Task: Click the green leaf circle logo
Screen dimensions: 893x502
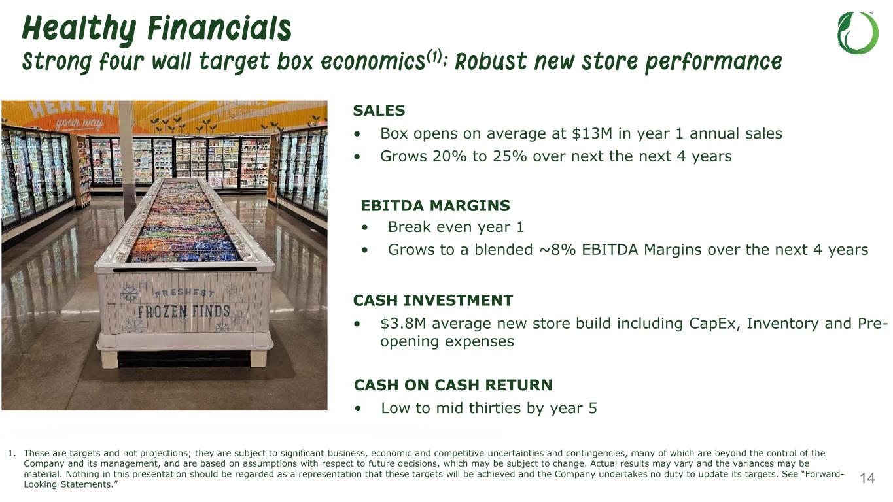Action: point(858,33)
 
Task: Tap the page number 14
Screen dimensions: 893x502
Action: point(867,478)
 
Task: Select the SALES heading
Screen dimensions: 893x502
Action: point(379,110)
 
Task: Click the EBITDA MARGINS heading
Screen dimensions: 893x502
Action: point(435,206)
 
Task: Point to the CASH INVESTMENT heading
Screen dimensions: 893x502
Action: point(433,301)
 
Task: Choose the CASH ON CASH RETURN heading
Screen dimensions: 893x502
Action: point(453,385)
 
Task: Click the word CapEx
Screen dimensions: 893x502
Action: point(714,324)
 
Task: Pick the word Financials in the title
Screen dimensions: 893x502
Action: point(219,29)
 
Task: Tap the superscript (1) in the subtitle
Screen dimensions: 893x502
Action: point(434,58)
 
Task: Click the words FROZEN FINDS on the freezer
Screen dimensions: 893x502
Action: point(184,311)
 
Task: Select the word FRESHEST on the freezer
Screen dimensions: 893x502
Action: point(184,293)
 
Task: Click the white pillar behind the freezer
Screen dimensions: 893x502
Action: point(126,152)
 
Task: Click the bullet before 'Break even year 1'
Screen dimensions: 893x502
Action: point(364,227)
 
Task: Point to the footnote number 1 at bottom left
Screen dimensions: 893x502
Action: point(12,453)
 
